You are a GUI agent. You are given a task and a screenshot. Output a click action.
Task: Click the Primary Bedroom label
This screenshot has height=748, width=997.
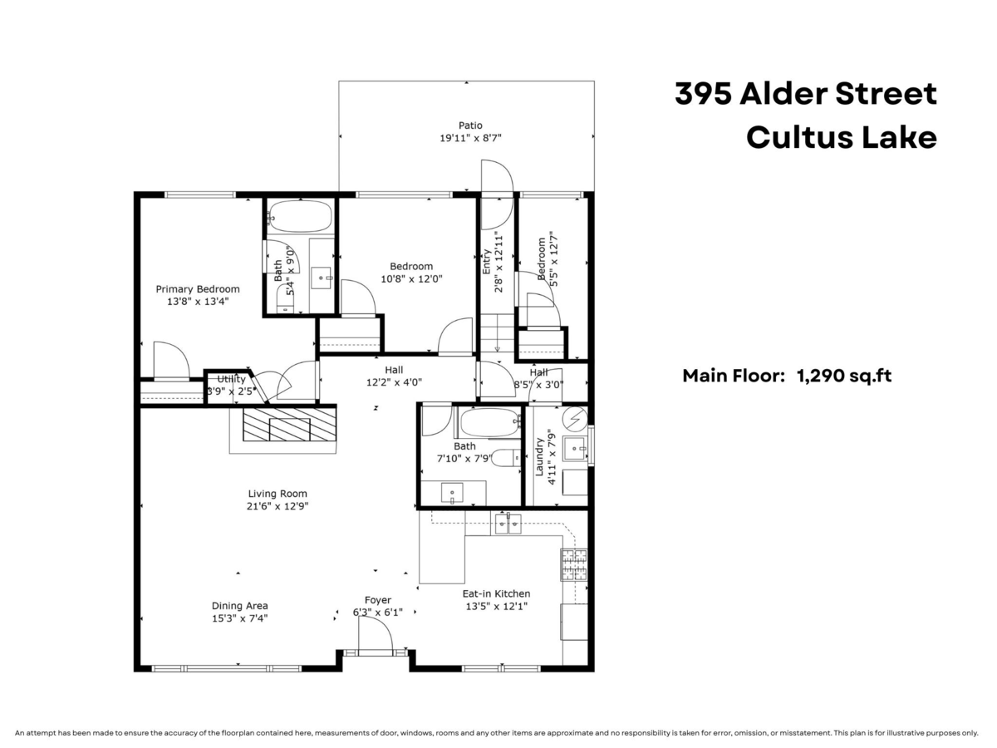pyautogui.click(x=198, y=289)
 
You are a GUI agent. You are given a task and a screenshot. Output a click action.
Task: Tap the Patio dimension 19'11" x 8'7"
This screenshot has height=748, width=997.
pyautogui.click(x=470, y=139)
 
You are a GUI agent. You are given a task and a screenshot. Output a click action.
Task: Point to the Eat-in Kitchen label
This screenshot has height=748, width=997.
pyautogui.click(x=496, y=593)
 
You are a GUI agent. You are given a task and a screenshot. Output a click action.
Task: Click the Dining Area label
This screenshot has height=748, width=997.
pyautogui.click(x=239, y=606)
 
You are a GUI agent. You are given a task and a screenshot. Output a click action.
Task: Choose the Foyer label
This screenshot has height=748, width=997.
pyautogui.click(x=377, y=600)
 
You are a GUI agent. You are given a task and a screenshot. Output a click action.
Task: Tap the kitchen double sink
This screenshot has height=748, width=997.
pyautogui.click(x=507, y=524)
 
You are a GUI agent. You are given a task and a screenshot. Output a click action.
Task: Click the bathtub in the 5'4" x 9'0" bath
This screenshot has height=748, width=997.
pyautogui.click(x=302, y=217)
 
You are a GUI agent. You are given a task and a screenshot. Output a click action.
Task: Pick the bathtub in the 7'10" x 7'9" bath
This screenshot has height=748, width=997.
pyautogui.click(x=488, y=423)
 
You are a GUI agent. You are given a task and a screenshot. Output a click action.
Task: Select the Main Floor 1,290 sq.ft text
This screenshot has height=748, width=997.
pyautogui.click(x=787, y=376)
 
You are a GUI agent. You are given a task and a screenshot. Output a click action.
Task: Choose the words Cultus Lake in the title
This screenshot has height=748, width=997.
pyautogui.click(x=841, y=137)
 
